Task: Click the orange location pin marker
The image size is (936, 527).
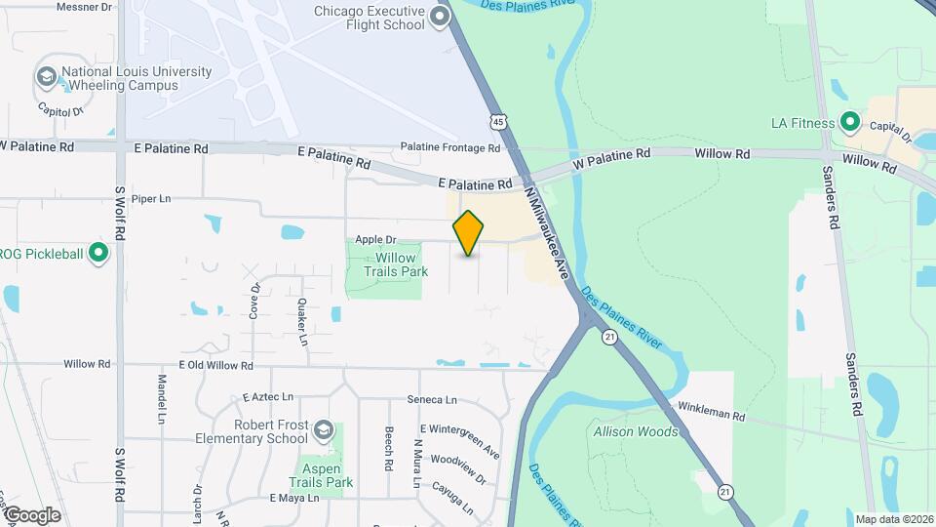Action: point(469,232)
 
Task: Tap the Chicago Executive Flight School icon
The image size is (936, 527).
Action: point(440,16)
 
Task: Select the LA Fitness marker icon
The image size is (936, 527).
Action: point(849,123)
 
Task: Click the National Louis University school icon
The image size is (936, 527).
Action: point(46,77)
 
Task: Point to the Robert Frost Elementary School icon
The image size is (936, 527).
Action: point(323,430)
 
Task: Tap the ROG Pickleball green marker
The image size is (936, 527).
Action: point(97,254)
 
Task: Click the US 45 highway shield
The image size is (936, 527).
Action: point(498,121)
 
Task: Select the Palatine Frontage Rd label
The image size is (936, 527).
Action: point(450,148)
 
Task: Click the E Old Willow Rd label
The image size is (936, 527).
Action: point(215,365)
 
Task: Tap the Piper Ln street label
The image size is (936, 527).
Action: point(150,199)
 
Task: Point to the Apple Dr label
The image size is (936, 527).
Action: point(375,239)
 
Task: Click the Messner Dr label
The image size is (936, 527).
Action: point(85,6)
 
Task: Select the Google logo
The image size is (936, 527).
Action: point(32,515)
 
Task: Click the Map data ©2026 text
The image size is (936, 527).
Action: point(894,519)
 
